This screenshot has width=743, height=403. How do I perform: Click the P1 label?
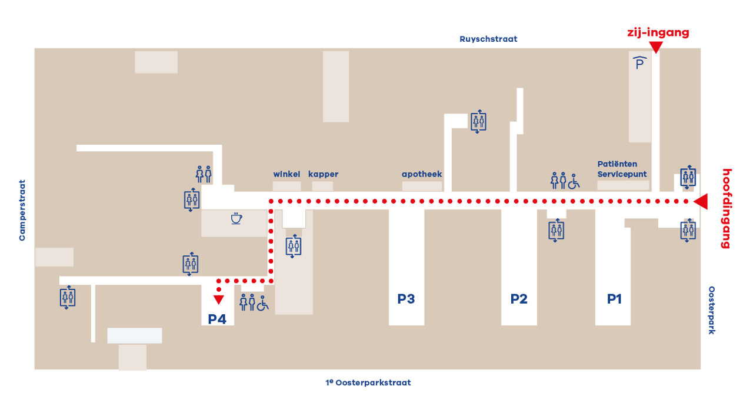coord(614,299)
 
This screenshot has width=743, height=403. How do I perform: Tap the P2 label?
coord(519,299)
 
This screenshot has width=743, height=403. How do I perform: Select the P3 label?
coord(406,299)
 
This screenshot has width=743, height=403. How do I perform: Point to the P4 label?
coord(217,319)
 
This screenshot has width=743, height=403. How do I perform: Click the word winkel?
coord(286,174)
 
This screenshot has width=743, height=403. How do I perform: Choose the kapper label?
coord(323,174)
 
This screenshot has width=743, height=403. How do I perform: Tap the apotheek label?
coord(422,174)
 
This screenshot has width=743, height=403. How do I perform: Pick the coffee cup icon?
coord(236,219)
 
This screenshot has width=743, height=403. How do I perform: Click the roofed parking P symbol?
coord(639,62)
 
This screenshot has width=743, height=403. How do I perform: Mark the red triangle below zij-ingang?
coord(655,47)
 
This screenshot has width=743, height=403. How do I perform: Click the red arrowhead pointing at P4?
coord(218,299)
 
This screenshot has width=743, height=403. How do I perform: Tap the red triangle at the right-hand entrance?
coord(702,202)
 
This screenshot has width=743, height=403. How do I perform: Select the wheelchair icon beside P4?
coord(262,303)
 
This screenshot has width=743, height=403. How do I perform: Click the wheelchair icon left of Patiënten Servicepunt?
coord(574,181)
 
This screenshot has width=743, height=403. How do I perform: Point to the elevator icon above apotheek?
coord(478,122)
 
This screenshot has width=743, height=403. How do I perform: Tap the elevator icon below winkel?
coord(294,245)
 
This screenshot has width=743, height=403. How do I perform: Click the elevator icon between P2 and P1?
coord(556,230)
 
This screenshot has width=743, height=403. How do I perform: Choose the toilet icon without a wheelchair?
coord(204,175)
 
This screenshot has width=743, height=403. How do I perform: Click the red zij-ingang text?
coord(657,33)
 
